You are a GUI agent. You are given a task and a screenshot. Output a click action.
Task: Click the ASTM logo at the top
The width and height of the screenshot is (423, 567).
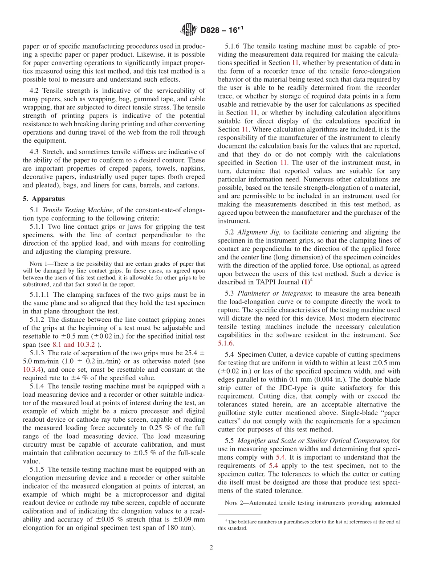[189, 30]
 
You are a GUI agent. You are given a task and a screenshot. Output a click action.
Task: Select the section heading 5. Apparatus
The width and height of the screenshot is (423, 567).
[44, 198]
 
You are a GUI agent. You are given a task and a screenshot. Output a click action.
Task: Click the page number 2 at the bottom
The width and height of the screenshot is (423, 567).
[211, 547]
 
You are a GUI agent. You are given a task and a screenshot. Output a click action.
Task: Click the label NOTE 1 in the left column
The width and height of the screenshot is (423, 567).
[38, 263]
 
